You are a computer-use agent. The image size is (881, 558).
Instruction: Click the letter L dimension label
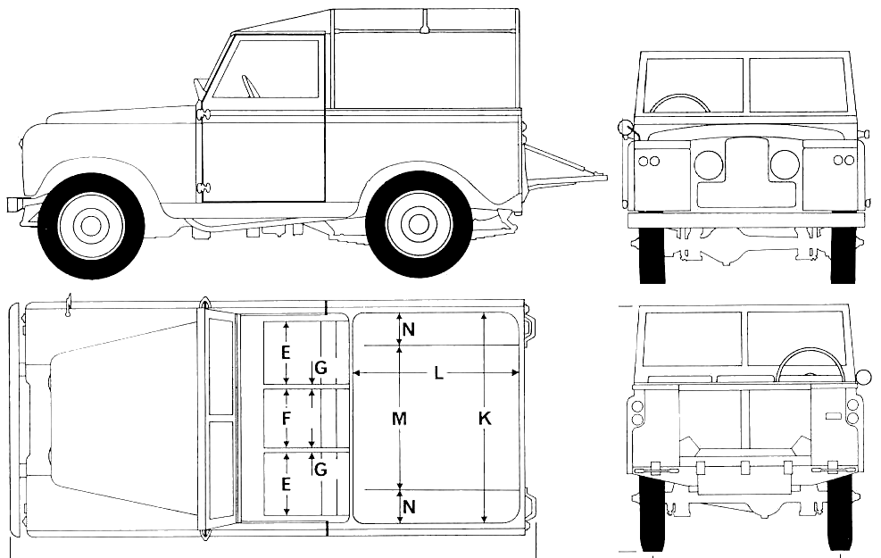pyautogui.click(x=439, y=372)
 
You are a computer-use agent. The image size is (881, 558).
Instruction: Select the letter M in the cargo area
pyautogui.click(x=399, y=418)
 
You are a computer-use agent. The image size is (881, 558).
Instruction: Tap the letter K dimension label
pyautogui.click(x=485, y=418)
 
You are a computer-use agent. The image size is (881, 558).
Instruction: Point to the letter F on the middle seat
pyautogui.click(x=287, y=418)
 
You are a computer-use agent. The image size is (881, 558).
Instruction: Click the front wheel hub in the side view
pyautogui.click(x=90, y=226)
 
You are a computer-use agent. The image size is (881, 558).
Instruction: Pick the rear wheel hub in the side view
pyautogui.click(x=418, y=225)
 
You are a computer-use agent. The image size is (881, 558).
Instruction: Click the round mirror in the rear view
pyautogui.click(x=862, y=376)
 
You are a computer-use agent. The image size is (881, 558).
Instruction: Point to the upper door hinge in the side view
pyautogui.click(x=203, y=114)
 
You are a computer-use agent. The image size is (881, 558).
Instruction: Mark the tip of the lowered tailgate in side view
pyautogui.click(x=606, y=178)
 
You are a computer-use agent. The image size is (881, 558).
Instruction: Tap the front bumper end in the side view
pyautogui.click(x=13, y=204)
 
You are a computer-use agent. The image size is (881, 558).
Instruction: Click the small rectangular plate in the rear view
pyautogui.click(x=833, y=416)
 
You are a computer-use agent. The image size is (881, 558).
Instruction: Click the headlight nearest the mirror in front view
pyautogui.click(x=708, y=164)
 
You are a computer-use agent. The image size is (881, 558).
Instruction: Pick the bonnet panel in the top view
pyautogui.click(x=123, y=419)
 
